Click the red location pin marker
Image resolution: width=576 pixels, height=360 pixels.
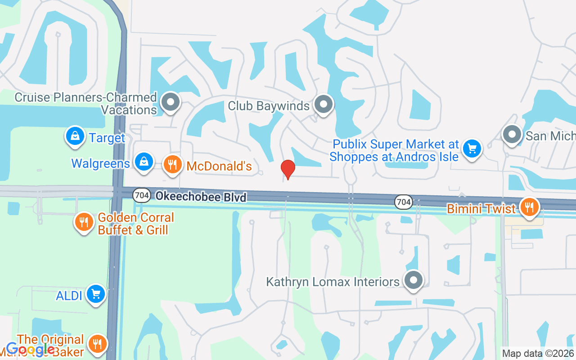pyautogui.click(x=288, y=169)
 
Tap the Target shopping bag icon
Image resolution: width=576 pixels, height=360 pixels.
pyautogui.click(x=75, y=136)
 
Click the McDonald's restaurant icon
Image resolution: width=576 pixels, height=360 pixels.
pyautogui.click(x=172, y=164)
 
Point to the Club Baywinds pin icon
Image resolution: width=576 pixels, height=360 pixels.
pyautogui.click(x=323, y=104)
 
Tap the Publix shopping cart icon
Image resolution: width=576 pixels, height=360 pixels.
pyautogui.click(x=471, y=148)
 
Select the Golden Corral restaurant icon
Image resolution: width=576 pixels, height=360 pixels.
pyautogui.click(x=84, y=222)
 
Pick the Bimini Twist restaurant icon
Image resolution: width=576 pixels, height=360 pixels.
pyautogui.click(x=529, y=207)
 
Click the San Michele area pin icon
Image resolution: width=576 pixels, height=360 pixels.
pyautogui.click(x=512, y=134)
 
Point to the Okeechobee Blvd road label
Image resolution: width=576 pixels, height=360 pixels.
pyautogui.click(x=201, y=197)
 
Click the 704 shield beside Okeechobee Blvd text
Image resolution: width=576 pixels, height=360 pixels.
pyautogui.click(x=140, y=195)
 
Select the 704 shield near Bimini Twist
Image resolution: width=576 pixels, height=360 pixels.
pyautogui.click(x=403, y=202)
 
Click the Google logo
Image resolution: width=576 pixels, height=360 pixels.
pyautogui.click(x=31, y=349)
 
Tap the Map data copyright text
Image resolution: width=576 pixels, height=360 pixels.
pyautogui.click(x=538, y=354)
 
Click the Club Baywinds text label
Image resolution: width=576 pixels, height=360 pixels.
pyautogui.click(x=269, y=106)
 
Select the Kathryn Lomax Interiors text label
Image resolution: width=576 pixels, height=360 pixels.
pyautogui.click(x=333, y=282)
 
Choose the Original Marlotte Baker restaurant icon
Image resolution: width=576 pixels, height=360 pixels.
pyautogui.click(x=96, y=344)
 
